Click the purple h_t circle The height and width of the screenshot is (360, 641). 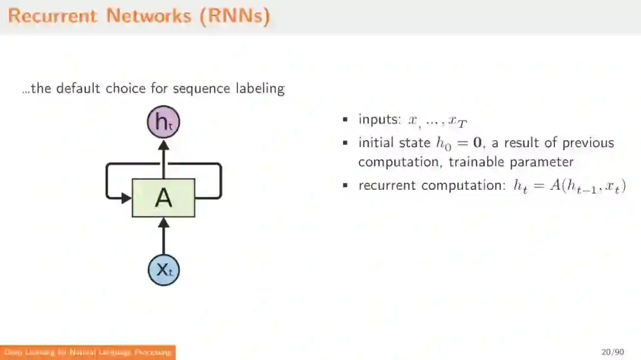[x=163, y=122]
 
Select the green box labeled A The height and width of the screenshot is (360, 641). [x=163, y=198]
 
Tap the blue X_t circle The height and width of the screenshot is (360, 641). [x=163, y=270]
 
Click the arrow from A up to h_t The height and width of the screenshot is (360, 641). [x=163, y=159]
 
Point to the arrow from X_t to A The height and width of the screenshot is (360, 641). [x=163, y=237]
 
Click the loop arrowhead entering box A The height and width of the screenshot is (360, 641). [x=126, y=197]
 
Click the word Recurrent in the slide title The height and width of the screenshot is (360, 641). [x=52, y=16]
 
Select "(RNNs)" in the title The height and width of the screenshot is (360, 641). [x=234, y=16]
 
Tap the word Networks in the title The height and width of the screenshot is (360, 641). [x=149, y=16]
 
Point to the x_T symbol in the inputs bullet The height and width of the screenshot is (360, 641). [x=458, y=122]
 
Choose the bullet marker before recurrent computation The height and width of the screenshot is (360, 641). [x=345, y=186]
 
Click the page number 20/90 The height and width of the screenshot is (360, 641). [x=613, y=352]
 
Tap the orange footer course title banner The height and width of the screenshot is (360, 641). [x=88, y=352]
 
